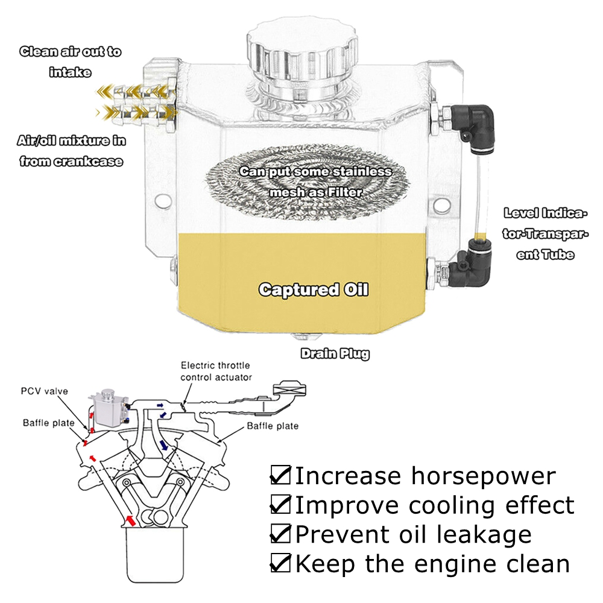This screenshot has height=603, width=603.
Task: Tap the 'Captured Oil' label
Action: coord(313,289)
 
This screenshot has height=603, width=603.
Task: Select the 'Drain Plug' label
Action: coord(335,353)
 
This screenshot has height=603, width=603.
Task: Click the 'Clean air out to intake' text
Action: coord(71,62)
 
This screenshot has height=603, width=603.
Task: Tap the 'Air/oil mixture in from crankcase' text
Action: coord(71,151)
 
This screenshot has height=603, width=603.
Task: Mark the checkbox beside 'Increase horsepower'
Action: coord(280,475)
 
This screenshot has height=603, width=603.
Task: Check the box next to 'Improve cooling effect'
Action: coord(280,504)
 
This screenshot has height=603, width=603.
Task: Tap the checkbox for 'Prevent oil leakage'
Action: coord(280,534)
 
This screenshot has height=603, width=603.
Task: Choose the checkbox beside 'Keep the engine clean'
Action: coord(280,563)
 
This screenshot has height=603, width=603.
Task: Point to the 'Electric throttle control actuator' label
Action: coord(216,371)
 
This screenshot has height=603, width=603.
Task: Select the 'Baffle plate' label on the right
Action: coord(273,426)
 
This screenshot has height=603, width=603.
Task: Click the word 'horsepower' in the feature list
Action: coord(483,476)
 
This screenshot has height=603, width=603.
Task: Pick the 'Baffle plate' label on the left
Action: coord(49,423)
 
